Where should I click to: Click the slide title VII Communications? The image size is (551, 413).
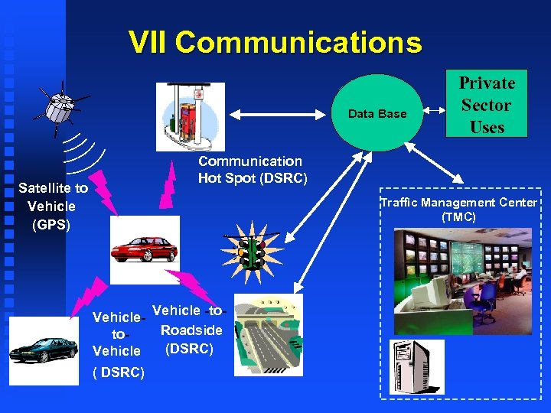275,43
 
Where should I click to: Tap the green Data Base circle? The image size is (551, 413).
377,114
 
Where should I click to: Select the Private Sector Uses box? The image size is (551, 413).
487,105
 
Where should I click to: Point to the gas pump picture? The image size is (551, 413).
191,116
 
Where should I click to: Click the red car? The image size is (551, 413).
145,249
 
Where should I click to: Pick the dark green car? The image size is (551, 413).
44,349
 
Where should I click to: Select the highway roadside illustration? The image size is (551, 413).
268,333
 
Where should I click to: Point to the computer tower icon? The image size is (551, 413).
416,366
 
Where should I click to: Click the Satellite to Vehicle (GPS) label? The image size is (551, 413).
53,206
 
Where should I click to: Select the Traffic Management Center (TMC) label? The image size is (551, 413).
458,210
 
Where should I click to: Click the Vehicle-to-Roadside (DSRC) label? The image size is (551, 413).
187,330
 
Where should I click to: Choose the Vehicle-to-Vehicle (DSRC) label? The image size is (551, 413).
117,344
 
